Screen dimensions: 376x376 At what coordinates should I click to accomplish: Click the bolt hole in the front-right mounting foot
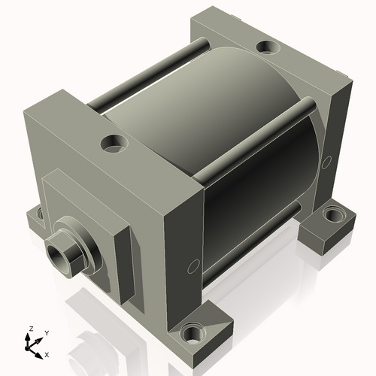tap(196, 331)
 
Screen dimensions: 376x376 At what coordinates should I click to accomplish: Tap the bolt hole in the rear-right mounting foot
tap(332, 216)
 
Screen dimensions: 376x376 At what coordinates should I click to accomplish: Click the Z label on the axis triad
tap(30, 329)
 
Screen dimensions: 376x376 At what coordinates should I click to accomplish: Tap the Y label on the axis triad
tap(46, 332)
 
